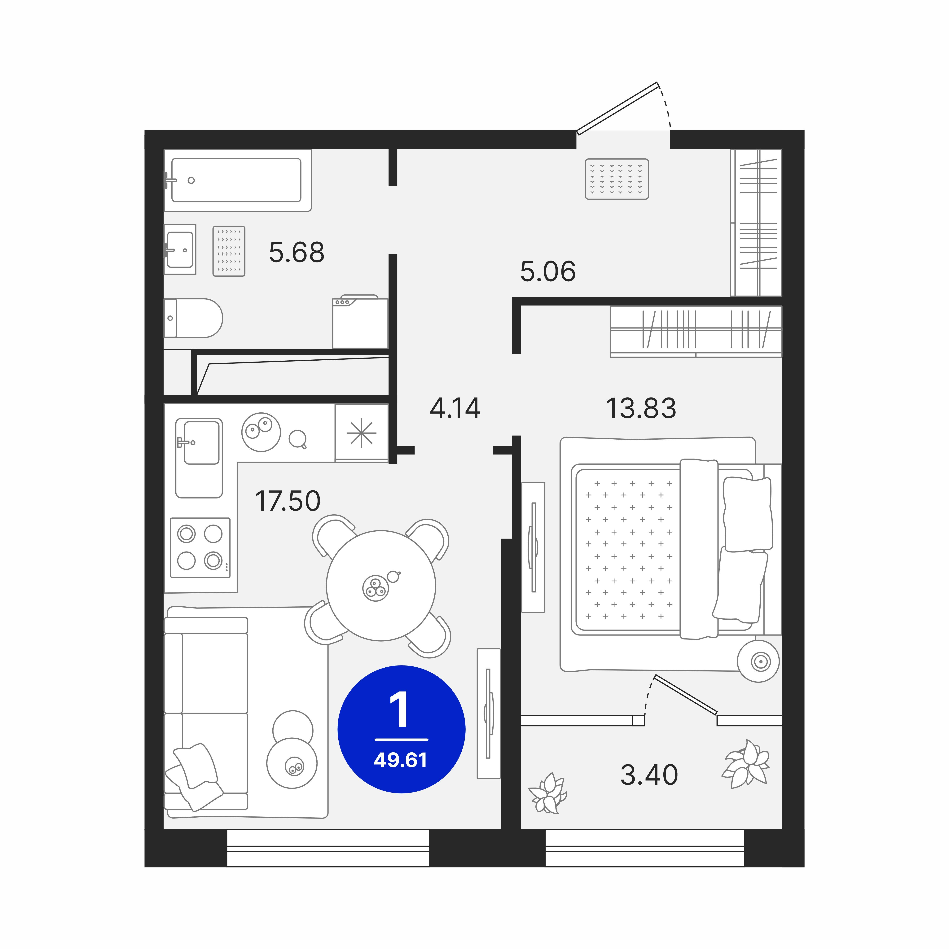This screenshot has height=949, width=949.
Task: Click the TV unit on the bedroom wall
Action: coord(533,547)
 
